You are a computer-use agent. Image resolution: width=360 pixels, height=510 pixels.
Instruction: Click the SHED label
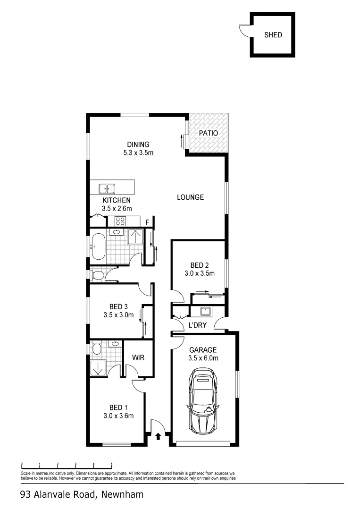273,35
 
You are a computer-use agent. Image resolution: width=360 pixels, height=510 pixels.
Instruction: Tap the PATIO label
208,133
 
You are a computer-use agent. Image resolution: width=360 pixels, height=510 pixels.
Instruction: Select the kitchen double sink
107,189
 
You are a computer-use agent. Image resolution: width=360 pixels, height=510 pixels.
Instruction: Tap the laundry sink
206,311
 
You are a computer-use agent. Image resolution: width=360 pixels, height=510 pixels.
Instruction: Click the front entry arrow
158,436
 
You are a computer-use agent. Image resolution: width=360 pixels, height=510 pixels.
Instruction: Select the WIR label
137,358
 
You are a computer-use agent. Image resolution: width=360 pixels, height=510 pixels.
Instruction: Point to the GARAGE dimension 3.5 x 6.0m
203,358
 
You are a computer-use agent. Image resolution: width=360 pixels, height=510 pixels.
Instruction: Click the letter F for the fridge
147,222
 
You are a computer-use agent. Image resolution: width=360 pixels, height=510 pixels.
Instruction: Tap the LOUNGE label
191,197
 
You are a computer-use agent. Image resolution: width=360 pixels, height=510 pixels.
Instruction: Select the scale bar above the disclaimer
66,465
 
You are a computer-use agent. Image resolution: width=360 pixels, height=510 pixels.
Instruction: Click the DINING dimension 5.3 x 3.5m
138,153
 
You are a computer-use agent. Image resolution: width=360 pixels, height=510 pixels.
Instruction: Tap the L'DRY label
198,325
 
